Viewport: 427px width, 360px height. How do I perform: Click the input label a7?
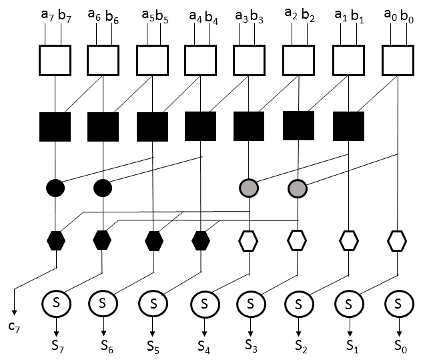pos(46,14)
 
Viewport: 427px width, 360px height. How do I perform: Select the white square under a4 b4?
pos(200,61)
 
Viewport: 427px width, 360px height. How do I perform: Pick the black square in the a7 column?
pos(55,127)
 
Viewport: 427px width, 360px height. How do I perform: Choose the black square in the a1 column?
pos(348,127)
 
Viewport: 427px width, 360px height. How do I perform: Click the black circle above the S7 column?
pos(55,188)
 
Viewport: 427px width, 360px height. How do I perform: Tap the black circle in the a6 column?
pos(103,188)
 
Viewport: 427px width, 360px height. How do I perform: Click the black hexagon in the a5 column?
pos(153,240)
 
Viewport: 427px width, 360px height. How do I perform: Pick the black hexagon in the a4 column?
pos(201,240)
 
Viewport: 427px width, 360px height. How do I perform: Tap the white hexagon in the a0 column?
pos(397,240)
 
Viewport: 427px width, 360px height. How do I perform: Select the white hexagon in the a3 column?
pos(249,240)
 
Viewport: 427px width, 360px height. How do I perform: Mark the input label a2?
pos(290,13)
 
